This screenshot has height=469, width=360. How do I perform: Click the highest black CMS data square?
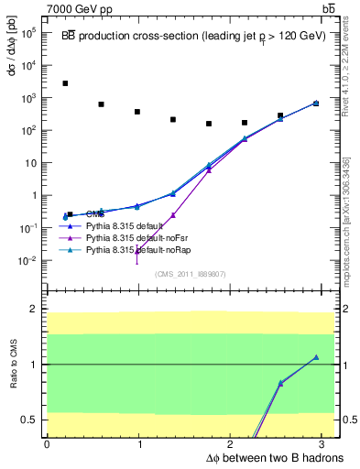click(x=65, y=83)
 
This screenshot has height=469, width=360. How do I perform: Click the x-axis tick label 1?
click(x=139, y=444)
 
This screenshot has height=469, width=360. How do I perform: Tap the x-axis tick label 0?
click(x=47, y=444)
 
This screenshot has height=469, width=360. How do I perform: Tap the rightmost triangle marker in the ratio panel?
click(x=316, y=357)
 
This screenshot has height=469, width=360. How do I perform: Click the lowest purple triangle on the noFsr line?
click(x=138, y=250)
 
